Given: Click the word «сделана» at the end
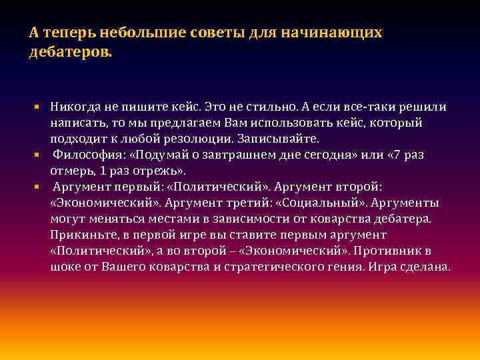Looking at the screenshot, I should pos(445,267).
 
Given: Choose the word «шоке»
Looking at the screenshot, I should pos(67,267).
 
